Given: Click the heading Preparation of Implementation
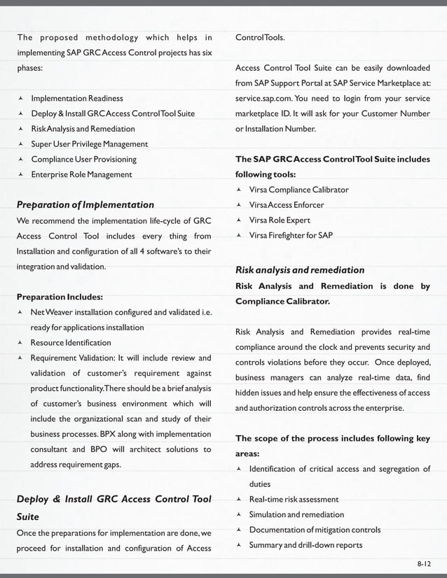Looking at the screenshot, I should point(85,205).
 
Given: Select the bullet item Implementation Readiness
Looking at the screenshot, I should point(76,98).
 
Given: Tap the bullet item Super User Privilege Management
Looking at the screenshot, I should point(89,144).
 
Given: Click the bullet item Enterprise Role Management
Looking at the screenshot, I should point(81,174).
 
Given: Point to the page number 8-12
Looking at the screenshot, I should point(422,562).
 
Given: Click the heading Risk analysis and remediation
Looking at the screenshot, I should point(300,270).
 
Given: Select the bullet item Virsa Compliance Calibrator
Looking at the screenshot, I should point(298,190).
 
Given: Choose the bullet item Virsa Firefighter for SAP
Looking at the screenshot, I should point(291,235).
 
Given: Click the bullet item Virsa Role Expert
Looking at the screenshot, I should point(280,220).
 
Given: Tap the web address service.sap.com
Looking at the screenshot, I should point(265,99).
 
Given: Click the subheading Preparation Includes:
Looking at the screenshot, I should point(60,296).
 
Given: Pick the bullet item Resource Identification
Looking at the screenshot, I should point(70,343).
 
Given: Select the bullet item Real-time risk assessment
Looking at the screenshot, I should point(294,500).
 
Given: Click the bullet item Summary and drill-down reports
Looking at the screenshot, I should point(305,545).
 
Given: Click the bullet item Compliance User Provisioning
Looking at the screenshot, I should point(83,160).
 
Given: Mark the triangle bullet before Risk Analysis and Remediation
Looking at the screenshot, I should point(21,129).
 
